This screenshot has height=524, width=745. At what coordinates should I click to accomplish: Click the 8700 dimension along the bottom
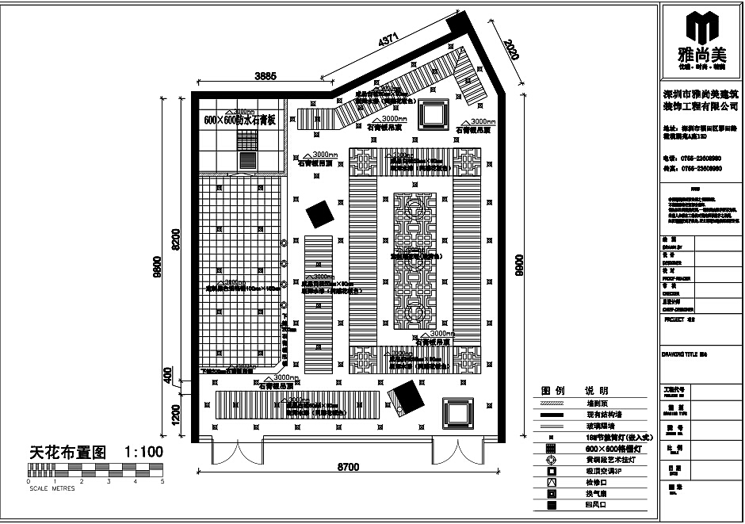pyautogui.click(x=349, y=466)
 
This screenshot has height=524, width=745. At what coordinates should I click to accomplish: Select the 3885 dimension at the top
pyautogui.click(x=266, y=76)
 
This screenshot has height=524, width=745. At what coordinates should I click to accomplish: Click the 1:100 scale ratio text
pyautogui.click(x=143, y=452)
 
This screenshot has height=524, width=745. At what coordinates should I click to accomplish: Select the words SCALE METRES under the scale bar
pyautogui.click(x=52, y=488)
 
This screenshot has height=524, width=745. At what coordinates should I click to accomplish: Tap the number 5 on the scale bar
pyautogui.click(x=162, y=481)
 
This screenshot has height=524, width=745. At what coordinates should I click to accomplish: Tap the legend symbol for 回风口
pyautogui.click(x=551, y=503)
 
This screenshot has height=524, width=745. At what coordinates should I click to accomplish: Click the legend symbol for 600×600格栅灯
pyautogui.click(x=551, y=448)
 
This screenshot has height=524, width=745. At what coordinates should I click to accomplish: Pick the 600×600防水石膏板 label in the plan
pyautogui.click(x=239, y=120)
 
